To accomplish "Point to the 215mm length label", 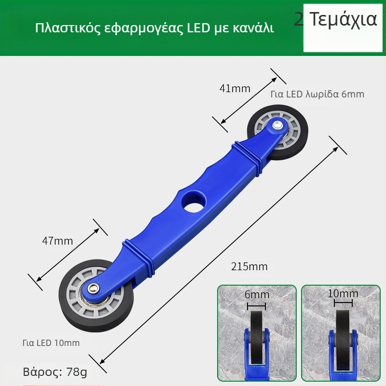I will click(x=249, y=266).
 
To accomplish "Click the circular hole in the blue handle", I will click(x=193, y=201).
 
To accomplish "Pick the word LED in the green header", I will click(x=197, y=28).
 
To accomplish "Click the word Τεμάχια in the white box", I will click(x=343, y=19).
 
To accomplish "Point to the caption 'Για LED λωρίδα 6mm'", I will click(x=317, y=95).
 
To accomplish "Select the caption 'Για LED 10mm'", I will click(x=51, y=343).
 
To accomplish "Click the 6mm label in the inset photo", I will click(x=257, y=295).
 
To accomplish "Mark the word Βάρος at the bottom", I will click(x=41, y=372).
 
